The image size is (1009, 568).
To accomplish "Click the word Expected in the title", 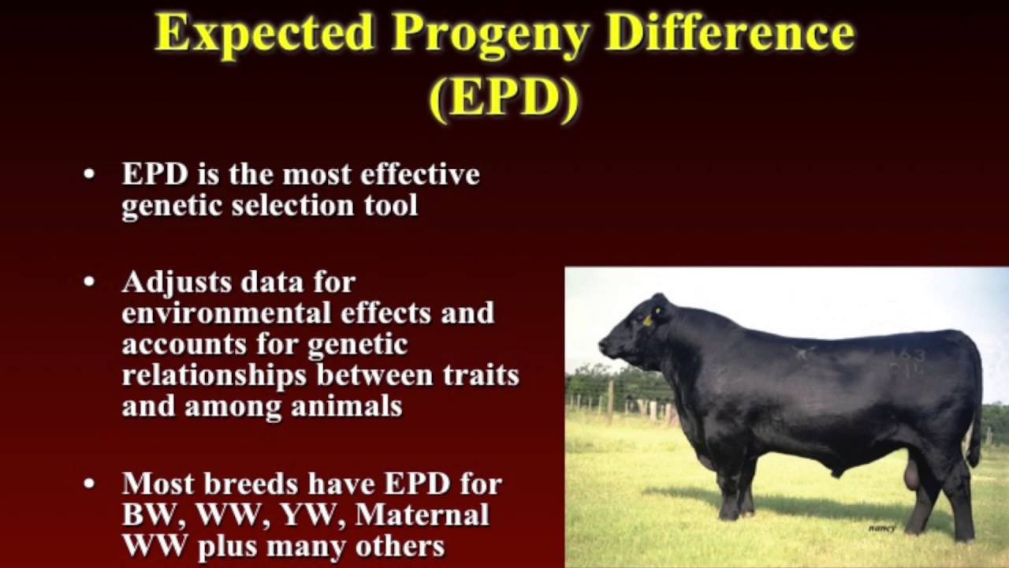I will [265, 33].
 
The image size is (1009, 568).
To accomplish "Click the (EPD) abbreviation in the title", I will [504, 99].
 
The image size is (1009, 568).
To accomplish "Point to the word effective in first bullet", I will [420, 174].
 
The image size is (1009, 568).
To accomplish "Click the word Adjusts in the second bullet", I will [176, 282].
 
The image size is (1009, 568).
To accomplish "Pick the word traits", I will [482, 375].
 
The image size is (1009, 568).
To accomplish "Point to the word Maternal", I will [422, 514].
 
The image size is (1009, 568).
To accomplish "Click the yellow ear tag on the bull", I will [648, 319].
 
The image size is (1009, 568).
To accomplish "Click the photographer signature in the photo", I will [881, 529].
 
